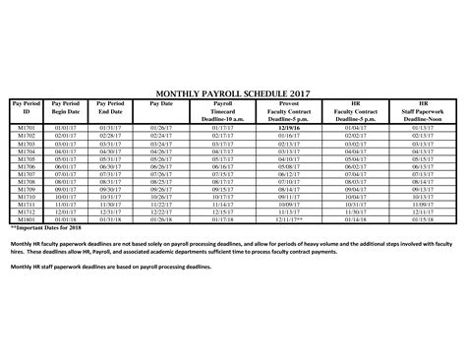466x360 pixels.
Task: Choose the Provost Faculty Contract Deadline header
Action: click(x=289, y=107)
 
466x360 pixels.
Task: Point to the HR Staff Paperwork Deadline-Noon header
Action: click(x=423, y=107)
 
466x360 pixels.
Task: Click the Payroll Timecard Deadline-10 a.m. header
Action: click(x=223, y=107)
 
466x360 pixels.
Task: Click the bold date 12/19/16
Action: click(x=289, y=128)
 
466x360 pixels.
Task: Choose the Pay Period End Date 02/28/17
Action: click(x=110, y=136)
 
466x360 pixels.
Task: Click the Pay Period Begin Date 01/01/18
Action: click(x=66, y=221)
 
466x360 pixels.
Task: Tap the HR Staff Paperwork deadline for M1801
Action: click(x=423, y=221)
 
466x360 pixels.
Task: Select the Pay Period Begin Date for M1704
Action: click(x=66, y=151)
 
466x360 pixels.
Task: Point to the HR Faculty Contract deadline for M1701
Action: click(x=357, y=128)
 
